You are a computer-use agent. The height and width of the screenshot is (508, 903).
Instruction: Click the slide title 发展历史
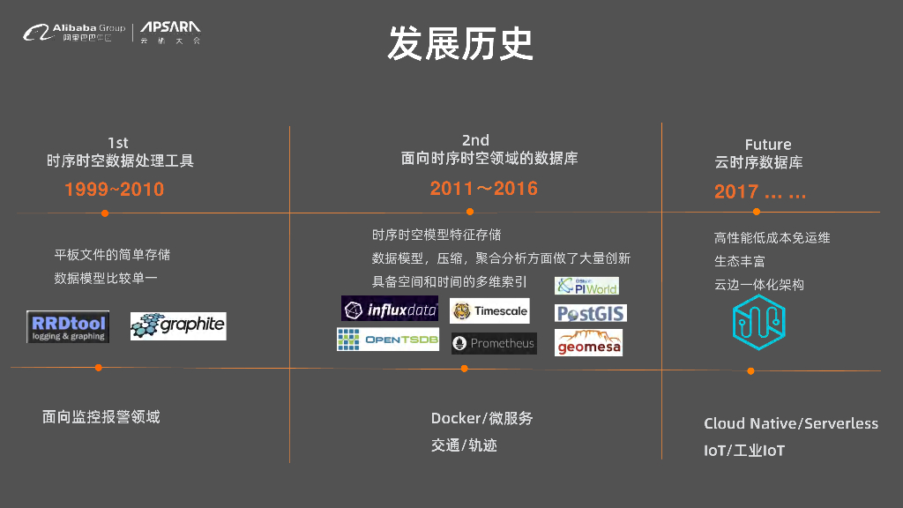pos(460,43)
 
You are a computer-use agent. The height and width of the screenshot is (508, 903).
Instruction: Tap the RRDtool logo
pos(68,326)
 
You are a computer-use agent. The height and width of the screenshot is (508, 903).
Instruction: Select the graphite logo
pos(178,326)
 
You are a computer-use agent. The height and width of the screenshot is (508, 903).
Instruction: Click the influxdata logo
pos(390,309)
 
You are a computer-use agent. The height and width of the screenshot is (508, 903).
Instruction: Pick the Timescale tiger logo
pos(489,310)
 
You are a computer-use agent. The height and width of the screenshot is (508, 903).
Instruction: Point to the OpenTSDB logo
pos(388,340)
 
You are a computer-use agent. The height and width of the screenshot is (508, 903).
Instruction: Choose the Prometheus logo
pos(494,343)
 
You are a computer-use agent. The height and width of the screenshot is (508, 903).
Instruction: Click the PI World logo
pos(586,286)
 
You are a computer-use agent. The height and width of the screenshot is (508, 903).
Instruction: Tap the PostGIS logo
pos(590,313)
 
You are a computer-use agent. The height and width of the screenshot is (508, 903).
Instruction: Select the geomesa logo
pos(588,342)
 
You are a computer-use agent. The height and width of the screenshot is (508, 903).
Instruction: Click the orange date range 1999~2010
pos(114,190)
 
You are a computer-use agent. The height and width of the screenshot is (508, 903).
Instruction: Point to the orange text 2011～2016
pos(483,188)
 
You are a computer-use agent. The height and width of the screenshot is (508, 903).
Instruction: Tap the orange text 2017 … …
pos(759,192)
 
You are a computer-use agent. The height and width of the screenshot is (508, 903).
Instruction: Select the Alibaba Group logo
pos(75,34)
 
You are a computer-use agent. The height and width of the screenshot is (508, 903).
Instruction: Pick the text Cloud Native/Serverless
pos(791,423)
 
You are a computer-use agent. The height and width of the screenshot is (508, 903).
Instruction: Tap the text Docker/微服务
pos(481,418)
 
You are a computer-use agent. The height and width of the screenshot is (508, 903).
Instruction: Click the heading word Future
pos(767,145)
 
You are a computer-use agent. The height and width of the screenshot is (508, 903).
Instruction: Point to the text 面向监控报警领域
pos(101,416)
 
